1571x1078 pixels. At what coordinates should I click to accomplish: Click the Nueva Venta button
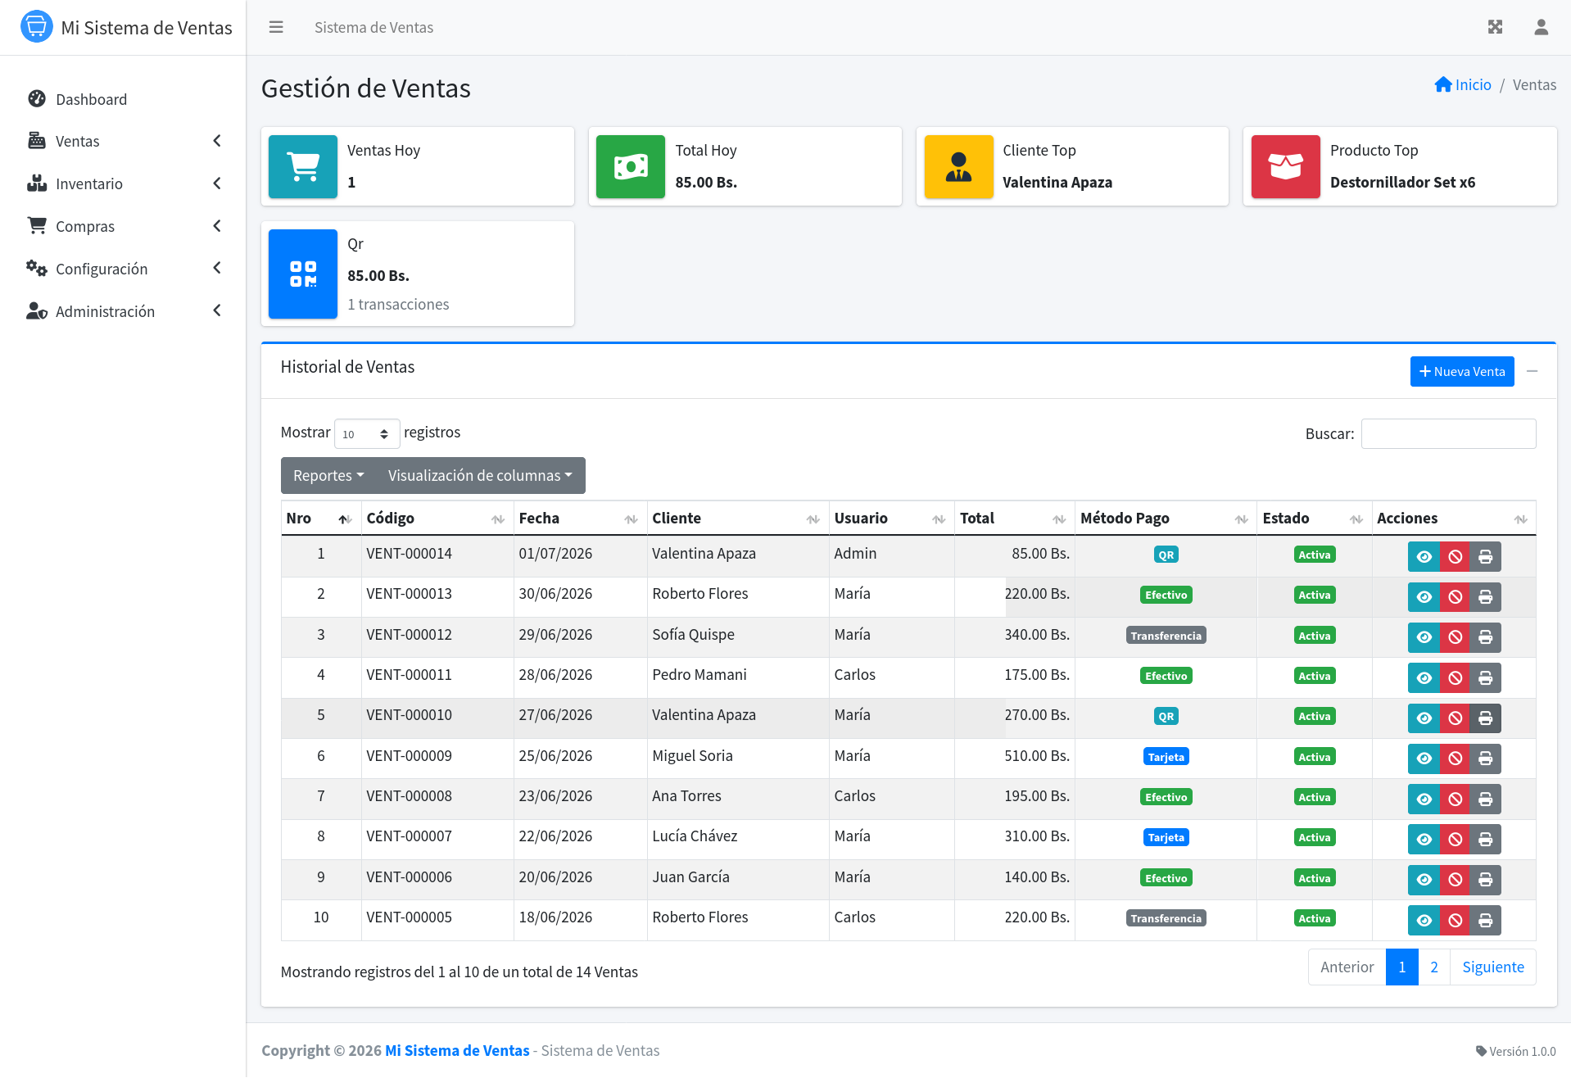pyautogui.click(x=1461, y=372)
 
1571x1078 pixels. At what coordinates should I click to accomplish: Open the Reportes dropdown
pyautogui.click(x=328, y=476)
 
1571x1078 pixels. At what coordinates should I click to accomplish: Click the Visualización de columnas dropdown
pyautogui.click(x=480, y=476)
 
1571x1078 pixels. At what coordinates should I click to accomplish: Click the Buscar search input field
pyautogui.click(x=1448, y=434)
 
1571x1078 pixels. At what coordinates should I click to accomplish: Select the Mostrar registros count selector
pyautogui.click(x=367, y=434)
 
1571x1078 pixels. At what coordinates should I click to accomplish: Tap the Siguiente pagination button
pyautogui.click(x=1492, y=967)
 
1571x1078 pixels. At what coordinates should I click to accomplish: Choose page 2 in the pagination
pyautogui.click(x=1433, y=967)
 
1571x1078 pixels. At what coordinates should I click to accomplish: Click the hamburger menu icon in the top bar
pyautogui.click(x=276, y=27)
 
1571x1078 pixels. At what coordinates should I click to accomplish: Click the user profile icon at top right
pyautogui.click(x=1541, y=27)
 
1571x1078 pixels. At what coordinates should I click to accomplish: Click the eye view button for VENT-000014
pyautogui.click(x=1424, y=557)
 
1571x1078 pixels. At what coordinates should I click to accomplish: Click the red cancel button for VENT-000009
pyautogui.click(x=1455, y=759)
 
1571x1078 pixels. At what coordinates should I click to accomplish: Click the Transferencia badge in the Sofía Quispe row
pyautogui.click(x=1166, y=636)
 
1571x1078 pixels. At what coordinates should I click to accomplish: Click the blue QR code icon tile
pyautogui.click(x=303, y=274)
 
